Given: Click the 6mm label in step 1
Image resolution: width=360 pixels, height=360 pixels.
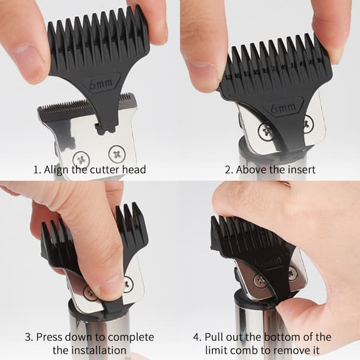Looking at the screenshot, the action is coord(101,85).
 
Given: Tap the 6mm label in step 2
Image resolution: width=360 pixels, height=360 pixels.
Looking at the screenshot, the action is coord(283,108).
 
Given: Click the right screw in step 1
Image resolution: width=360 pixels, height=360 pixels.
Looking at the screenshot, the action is coord(117,153).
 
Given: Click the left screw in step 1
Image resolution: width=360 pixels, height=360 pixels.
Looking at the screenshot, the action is coord(81,160).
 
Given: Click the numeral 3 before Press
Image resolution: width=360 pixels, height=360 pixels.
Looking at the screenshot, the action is coord(28,337).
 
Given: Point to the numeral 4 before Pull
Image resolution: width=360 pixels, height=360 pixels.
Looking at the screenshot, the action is coord(197,337).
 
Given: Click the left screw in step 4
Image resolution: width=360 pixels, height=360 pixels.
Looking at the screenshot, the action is coord(260,280).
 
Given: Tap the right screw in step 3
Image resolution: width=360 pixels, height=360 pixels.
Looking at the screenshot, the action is coord(128,284).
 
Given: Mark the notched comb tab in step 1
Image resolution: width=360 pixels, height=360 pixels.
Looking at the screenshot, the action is coord(106,127).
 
